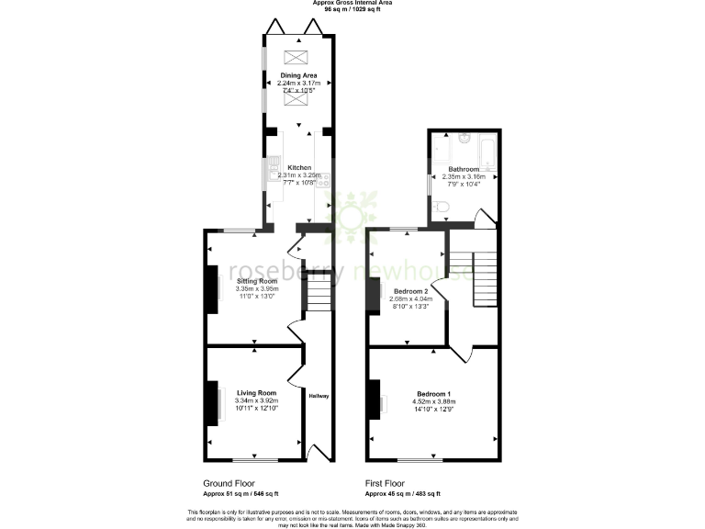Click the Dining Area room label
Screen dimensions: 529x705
(x=298, y=75)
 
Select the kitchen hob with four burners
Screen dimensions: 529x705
(x=326, y=181)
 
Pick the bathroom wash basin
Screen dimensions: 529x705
(x=464, y=140)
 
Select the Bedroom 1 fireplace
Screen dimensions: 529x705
(x=375, y=399)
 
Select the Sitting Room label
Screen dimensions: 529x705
(x=256, y=281)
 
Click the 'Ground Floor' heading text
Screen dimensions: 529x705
(x=229, y=482)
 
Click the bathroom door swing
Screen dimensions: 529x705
(x=481, y=219)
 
